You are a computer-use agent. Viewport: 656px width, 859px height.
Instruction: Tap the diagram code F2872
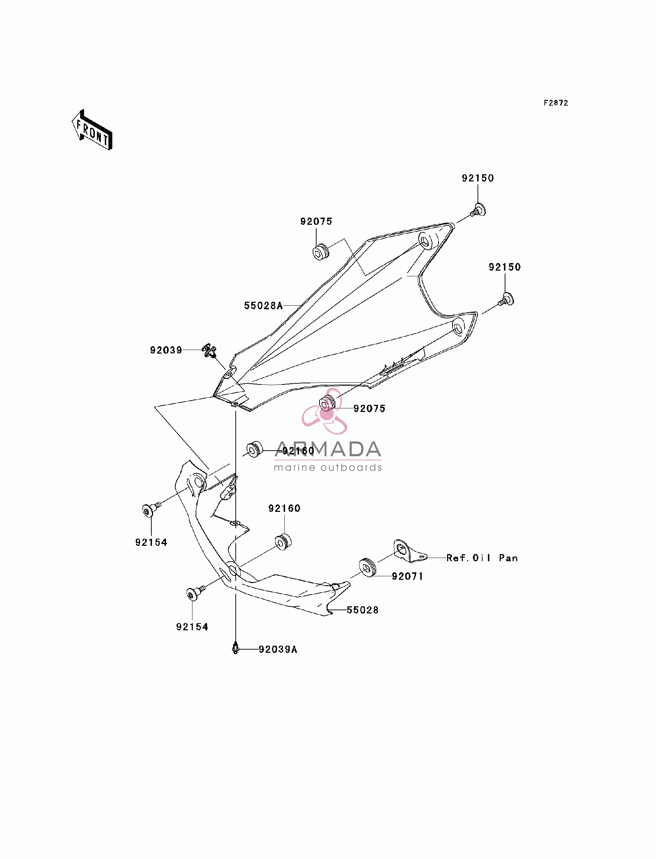coord(556,103)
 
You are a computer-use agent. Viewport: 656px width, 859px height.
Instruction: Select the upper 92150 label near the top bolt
coord(478,178)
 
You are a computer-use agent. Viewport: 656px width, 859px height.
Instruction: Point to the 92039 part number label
coord(166,350)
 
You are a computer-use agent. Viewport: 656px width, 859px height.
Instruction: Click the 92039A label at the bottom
coord(278,649)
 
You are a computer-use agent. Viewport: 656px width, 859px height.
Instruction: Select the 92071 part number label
coord(408,576)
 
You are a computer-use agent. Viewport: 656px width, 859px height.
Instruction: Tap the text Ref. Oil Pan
coord(482,558)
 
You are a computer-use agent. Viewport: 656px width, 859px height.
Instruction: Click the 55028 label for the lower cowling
coord(363,610)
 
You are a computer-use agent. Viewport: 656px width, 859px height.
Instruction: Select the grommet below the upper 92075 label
coord(321,252)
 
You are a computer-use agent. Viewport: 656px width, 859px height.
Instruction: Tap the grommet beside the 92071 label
coord(367,567)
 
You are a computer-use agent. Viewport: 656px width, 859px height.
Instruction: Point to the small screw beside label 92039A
coord(235,649)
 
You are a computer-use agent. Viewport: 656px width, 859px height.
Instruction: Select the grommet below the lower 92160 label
coord(284,542)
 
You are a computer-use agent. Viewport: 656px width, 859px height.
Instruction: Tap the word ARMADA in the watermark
coord(328,449)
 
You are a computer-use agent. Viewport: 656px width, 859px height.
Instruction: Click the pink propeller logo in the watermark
coord(324,411)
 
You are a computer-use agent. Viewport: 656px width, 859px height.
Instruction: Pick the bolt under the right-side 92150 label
coord(506,300)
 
